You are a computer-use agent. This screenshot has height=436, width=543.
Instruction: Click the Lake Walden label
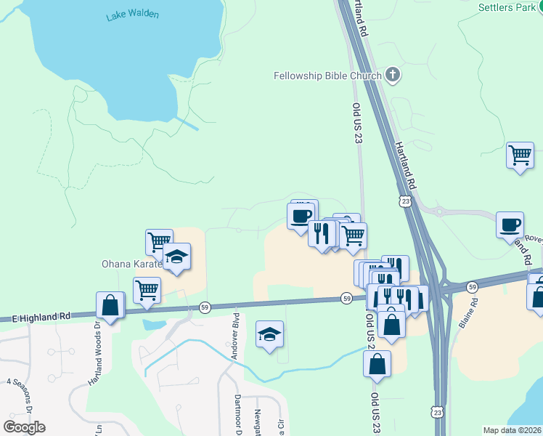(132, 15)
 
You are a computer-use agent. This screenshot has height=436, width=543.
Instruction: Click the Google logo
(24, 427)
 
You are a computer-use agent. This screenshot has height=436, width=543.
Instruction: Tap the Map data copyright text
(512, 430)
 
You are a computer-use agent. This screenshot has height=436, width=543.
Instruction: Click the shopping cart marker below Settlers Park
(520, 155)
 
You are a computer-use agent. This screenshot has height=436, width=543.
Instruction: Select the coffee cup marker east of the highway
(510, 224)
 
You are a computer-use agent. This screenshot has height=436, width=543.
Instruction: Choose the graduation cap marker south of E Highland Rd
(269, 334)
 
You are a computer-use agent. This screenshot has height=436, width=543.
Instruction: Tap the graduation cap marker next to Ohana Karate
(176, 257)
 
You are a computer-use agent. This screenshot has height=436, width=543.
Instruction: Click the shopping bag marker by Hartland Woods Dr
(110, 305)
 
